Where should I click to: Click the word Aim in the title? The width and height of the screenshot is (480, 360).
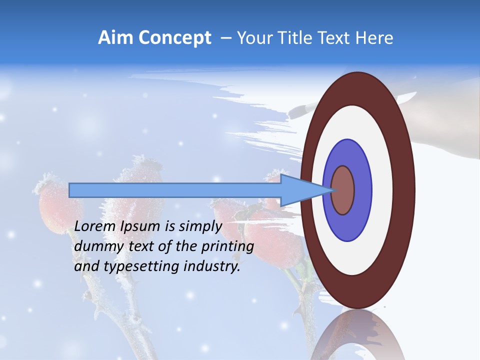(x=116, y=38)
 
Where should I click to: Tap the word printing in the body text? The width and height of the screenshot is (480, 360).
(x=227, y=246)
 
